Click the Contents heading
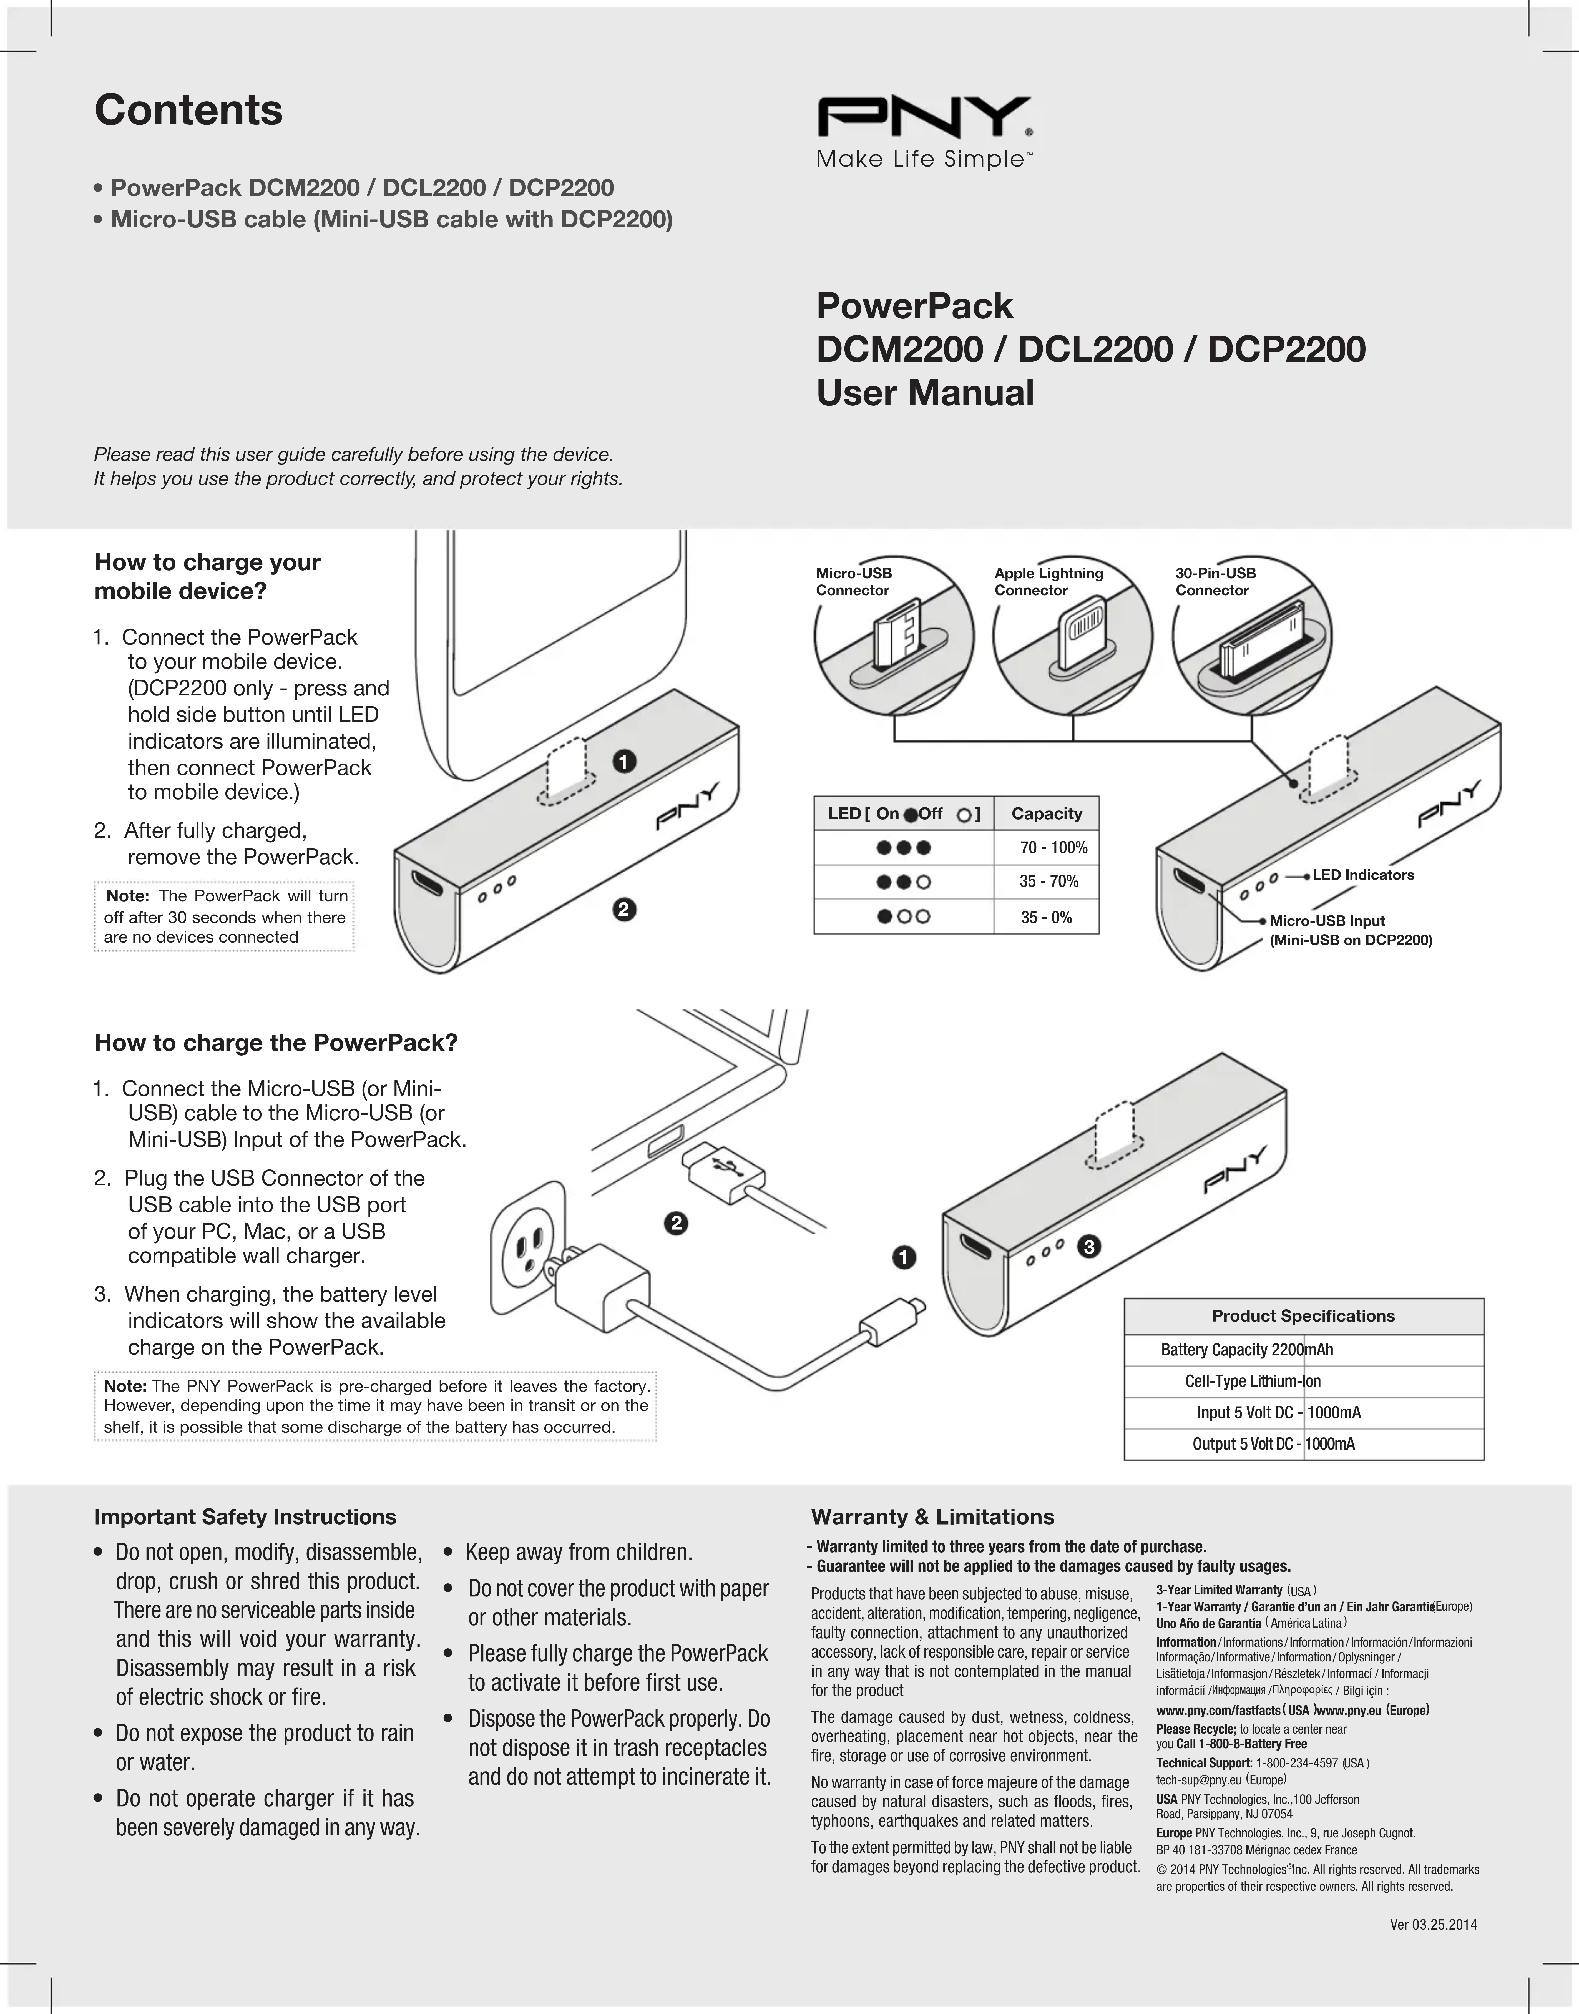[x=188, y=110]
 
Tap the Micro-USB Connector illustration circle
[x=893, y=635]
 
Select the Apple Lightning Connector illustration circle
[x=1072, y=635]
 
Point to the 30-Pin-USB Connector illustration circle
[x=1252, y=635]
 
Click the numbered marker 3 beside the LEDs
[x=1089, y=1247]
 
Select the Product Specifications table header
[x=1303, y=1316]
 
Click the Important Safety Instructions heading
[x=245, y=1516]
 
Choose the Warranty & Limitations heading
[x=932, y=1516]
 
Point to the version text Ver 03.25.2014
[x=1433, y=1925]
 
